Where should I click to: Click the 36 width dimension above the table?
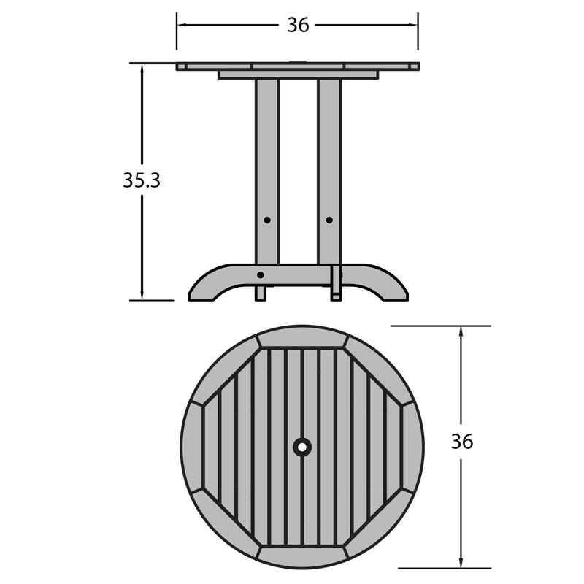(x=297, y=25)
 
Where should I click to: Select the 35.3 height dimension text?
(x=141, y=181)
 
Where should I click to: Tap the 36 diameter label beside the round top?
(x=461, y=442)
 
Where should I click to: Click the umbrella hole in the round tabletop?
(x=301, y=446)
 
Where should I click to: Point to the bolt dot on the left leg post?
(x=267, y=220)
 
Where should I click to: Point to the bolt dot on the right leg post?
(x=328, y=220)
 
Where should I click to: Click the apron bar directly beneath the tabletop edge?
(x=298, y=74)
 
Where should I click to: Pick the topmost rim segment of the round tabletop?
(x=301, y=337)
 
